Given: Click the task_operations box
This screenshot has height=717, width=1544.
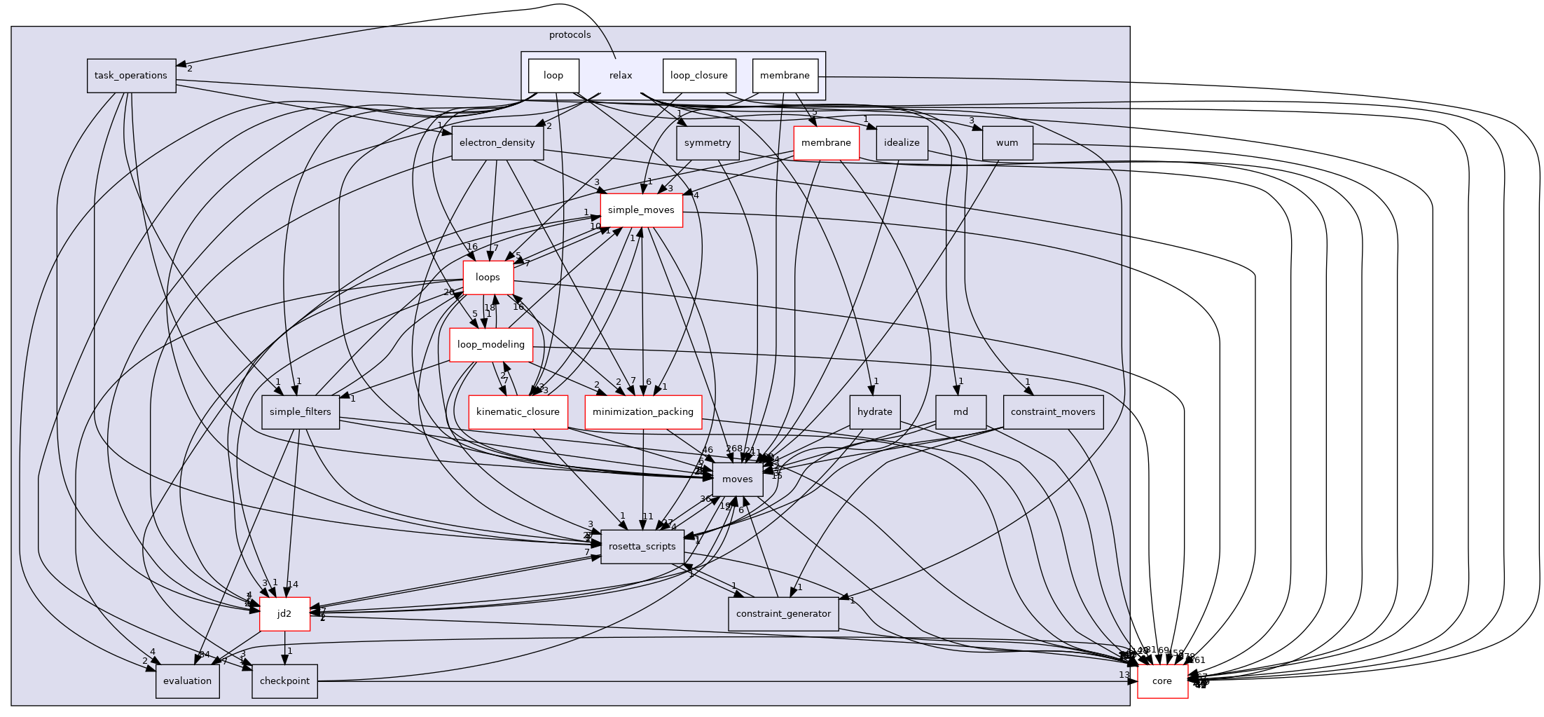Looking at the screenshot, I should (x=131, y=76).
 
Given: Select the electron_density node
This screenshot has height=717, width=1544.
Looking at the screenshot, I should (x=497, y=143).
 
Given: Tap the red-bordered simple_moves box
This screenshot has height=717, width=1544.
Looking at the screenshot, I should (x=641, y=210).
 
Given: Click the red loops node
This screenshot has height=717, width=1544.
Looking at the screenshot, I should (x=488, y=278).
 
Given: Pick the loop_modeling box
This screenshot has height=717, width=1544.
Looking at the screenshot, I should (x=490, y=345).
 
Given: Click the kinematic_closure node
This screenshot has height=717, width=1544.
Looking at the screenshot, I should (x=518, y=412).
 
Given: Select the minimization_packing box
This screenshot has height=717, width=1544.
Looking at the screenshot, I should (x=642, y=412).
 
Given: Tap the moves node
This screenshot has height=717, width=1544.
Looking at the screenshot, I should (x=737, y=479).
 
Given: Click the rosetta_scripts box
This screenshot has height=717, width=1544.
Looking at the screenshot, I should (x=642, y=547).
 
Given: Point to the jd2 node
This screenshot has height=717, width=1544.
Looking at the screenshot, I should (x=284, y=614).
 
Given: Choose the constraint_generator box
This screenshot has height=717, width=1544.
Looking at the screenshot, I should (x=783, y=614).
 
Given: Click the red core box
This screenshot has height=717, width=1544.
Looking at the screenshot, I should (x=1162, y=681).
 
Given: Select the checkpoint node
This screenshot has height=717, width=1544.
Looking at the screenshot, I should (x=284, y=681).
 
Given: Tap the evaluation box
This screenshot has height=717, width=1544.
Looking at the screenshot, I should (x=187, y=681).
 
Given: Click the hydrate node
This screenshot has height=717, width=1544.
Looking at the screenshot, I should (x=874, y=412).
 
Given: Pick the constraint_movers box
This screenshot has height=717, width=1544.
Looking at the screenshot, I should (x=1052, y=412).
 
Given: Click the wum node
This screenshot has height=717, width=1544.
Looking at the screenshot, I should (x=1007, y=143).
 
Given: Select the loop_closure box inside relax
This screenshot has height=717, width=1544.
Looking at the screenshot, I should (x=698, y=76).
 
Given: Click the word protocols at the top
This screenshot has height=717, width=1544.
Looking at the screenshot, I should (x=570, y=35).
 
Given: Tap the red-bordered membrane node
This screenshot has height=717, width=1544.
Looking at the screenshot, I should (x=826, y=143).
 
